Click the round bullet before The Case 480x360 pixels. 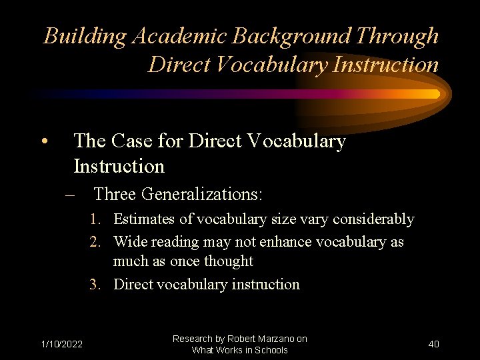click(43, 141)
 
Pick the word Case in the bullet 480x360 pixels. click(137, 141)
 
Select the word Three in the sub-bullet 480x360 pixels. click(115, 195)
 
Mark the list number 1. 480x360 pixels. click(96, 219)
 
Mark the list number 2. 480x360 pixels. click(96, 242)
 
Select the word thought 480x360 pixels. click(230, 261)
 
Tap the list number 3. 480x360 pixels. click(96, 285)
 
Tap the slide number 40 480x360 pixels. click(433, 344)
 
